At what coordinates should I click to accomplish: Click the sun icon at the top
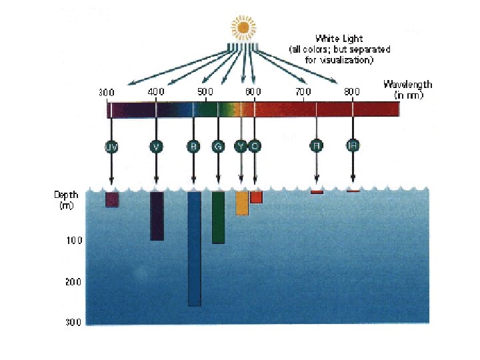243,27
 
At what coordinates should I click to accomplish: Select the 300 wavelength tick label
107,91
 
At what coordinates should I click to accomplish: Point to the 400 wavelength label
156,91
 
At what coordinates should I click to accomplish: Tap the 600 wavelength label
253,91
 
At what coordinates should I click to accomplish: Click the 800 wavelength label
352,91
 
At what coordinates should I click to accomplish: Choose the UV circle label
111,147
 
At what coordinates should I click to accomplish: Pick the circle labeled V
157,147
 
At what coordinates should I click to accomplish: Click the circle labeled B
193,147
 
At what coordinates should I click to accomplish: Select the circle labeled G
217,147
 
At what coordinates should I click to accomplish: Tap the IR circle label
353,145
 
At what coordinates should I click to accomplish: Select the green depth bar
218,217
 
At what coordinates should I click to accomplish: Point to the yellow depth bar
242,203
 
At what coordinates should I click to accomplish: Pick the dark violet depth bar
157,216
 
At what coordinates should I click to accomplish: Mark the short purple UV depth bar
112,199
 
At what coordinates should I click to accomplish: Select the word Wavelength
407,85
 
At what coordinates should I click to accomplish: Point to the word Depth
66,195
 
